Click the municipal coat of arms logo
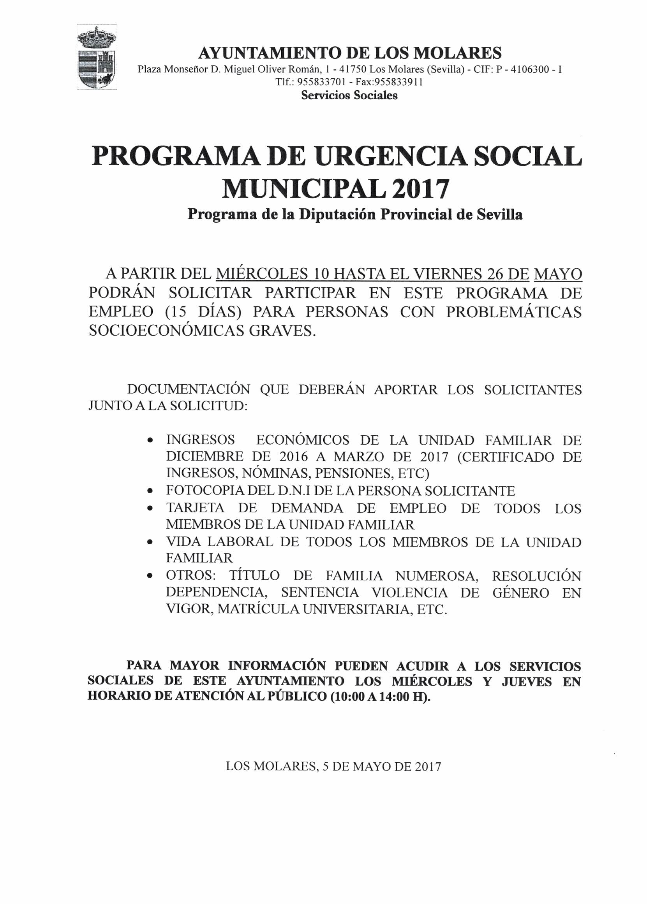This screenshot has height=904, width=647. (x=97, y=57)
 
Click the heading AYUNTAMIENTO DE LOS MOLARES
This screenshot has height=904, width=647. (x=350, y=53)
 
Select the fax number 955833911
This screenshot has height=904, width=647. (x=400, y=83)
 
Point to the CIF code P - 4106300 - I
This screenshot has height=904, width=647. (x=529, y=70)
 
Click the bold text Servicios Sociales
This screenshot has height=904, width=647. (x=349, y=95)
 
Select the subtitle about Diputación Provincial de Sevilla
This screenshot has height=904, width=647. (x=355, y=215)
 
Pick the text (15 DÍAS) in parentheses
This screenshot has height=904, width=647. (x=204, y=312)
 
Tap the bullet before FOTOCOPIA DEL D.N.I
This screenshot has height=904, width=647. (x=150, y=491)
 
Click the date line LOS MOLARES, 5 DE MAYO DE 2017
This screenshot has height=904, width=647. (x=333, y=766)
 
